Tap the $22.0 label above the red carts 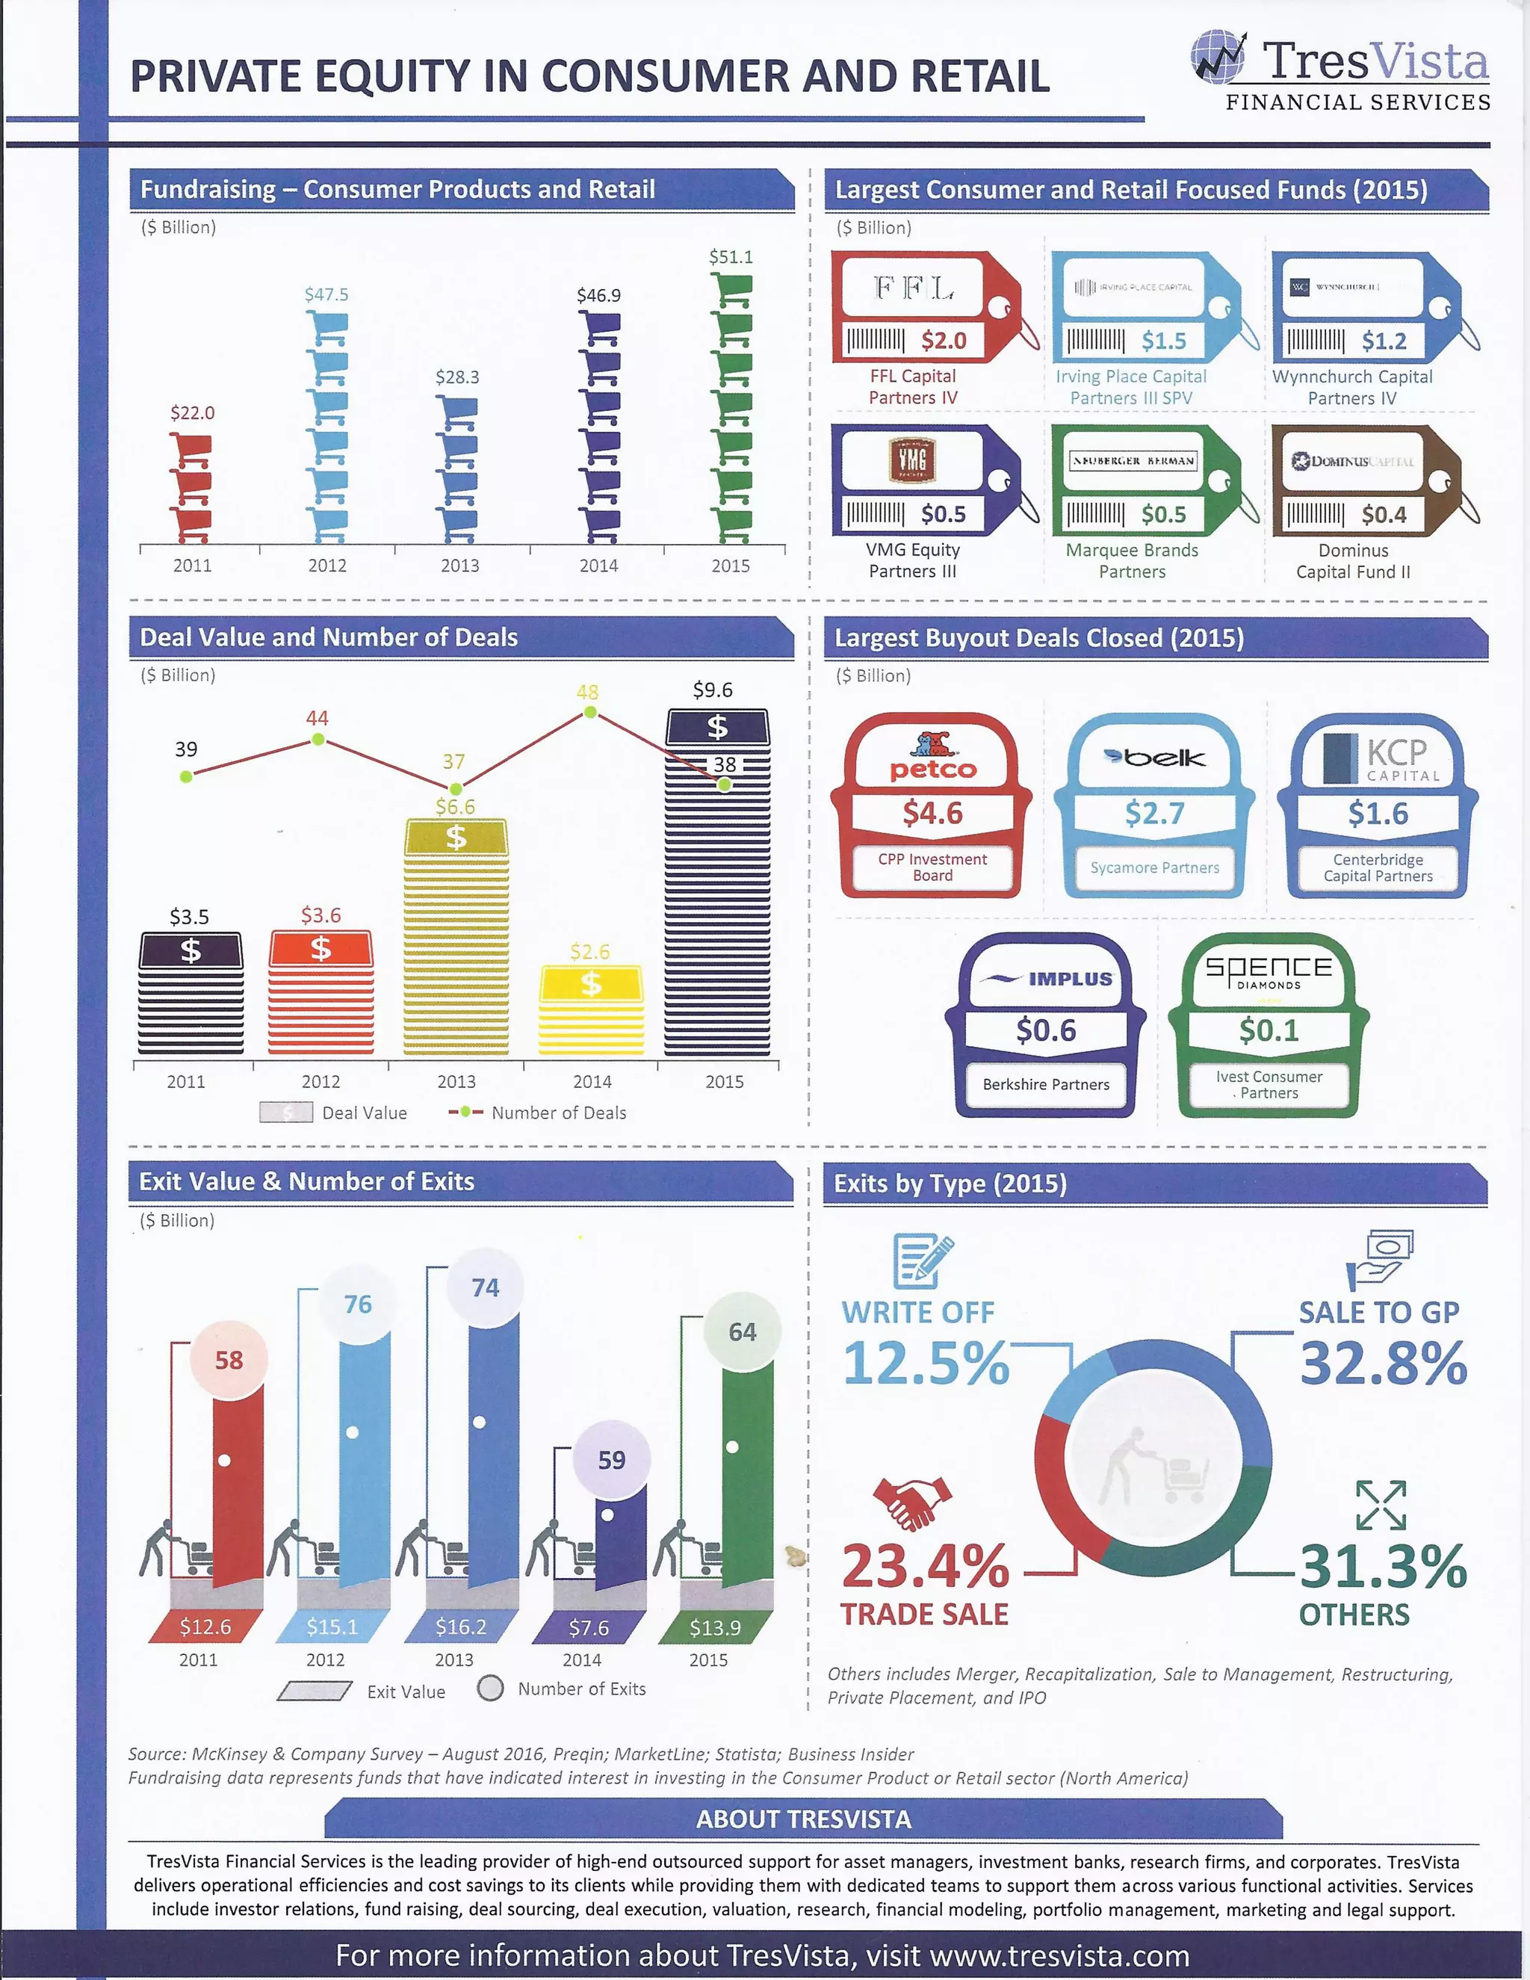pyautogui.click(x=192, y=413)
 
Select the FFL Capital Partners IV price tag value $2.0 pyautogui.click(x=944, y=341)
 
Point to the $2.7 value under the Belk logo pyautogui.click(x=1155, y=813)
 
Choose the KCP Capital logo pyautogui.click(x=1378, y=758)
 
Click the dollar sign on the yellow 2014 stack pyautogui.click(x=591, y=984)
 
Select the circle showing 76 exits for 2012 pyautogui.click(x=358, y=1305)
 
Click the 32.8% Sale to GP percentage pyautogui.click(x=1383, y=1364)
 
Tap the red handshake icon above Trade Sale pyautogui.click(x=912, y=1501)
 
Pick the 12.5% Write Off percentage pyautogui.click(x=926, y=1364)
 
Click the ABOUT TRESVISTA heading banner pyautogui.click(x=803, y=1819)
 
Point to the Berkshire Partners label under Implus pyautogui.click(x=1046, y=1084)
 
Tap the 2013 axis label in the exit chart pyautogui.click(x=454, y=1660)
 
